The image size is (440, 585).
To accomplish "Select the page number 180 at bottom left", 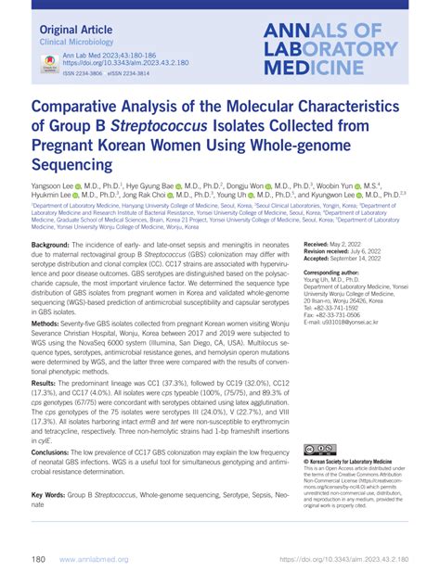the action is (39, 561).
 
